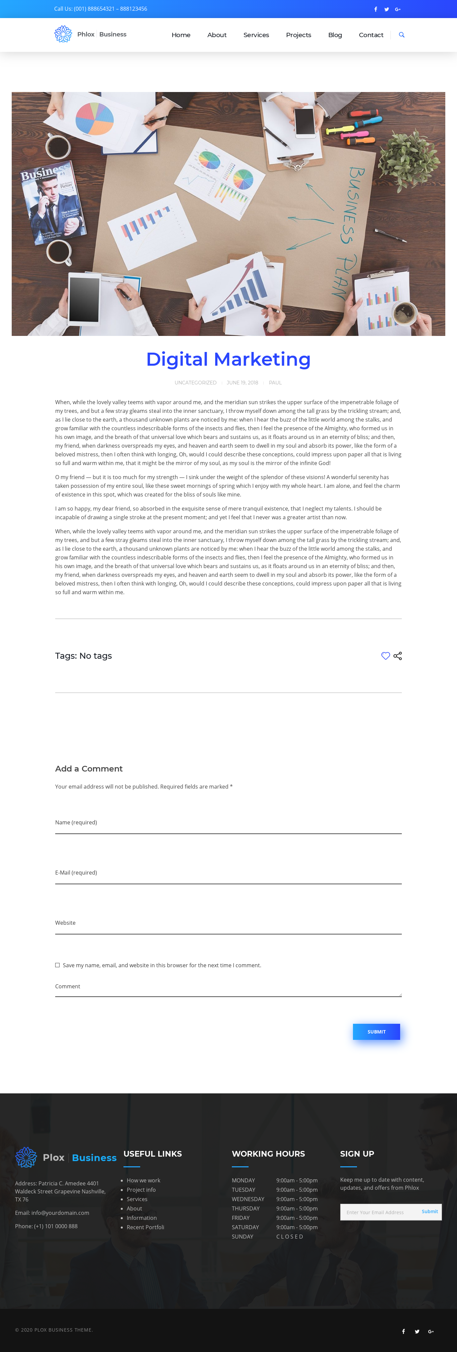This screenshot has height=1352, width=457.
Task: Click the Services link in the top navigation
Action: point(256,35)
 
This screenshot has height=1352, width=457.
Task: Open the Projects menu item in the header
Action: point(298,35)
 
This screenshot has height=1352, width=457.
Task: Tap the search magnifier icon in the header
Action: point(401,35)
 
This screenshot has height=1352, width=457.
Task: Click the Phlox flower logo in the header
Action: point(63,34)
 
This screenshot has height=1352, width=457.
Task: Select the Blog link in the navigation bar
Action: point(335,35)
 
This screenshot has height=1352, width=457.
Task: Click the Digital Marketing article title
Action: point(228,360)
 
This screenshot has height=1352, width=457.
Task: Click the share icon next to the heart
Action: point(398,656)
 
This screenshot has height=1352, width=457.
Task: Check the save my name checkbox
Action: point(57,965)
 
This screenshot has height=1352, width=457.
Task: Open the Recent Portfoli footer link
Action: point(145,1227)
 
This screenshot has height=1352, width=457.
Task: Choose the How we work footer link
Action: point(143,1180)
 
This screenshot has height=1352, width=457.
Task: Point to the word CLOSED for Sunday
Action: point(290,1237)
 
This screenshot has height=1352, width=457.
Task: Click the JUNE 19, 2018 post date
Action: point(243,383)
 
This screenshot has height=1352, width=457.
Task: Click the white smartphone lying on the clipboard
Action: point(305,122)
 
